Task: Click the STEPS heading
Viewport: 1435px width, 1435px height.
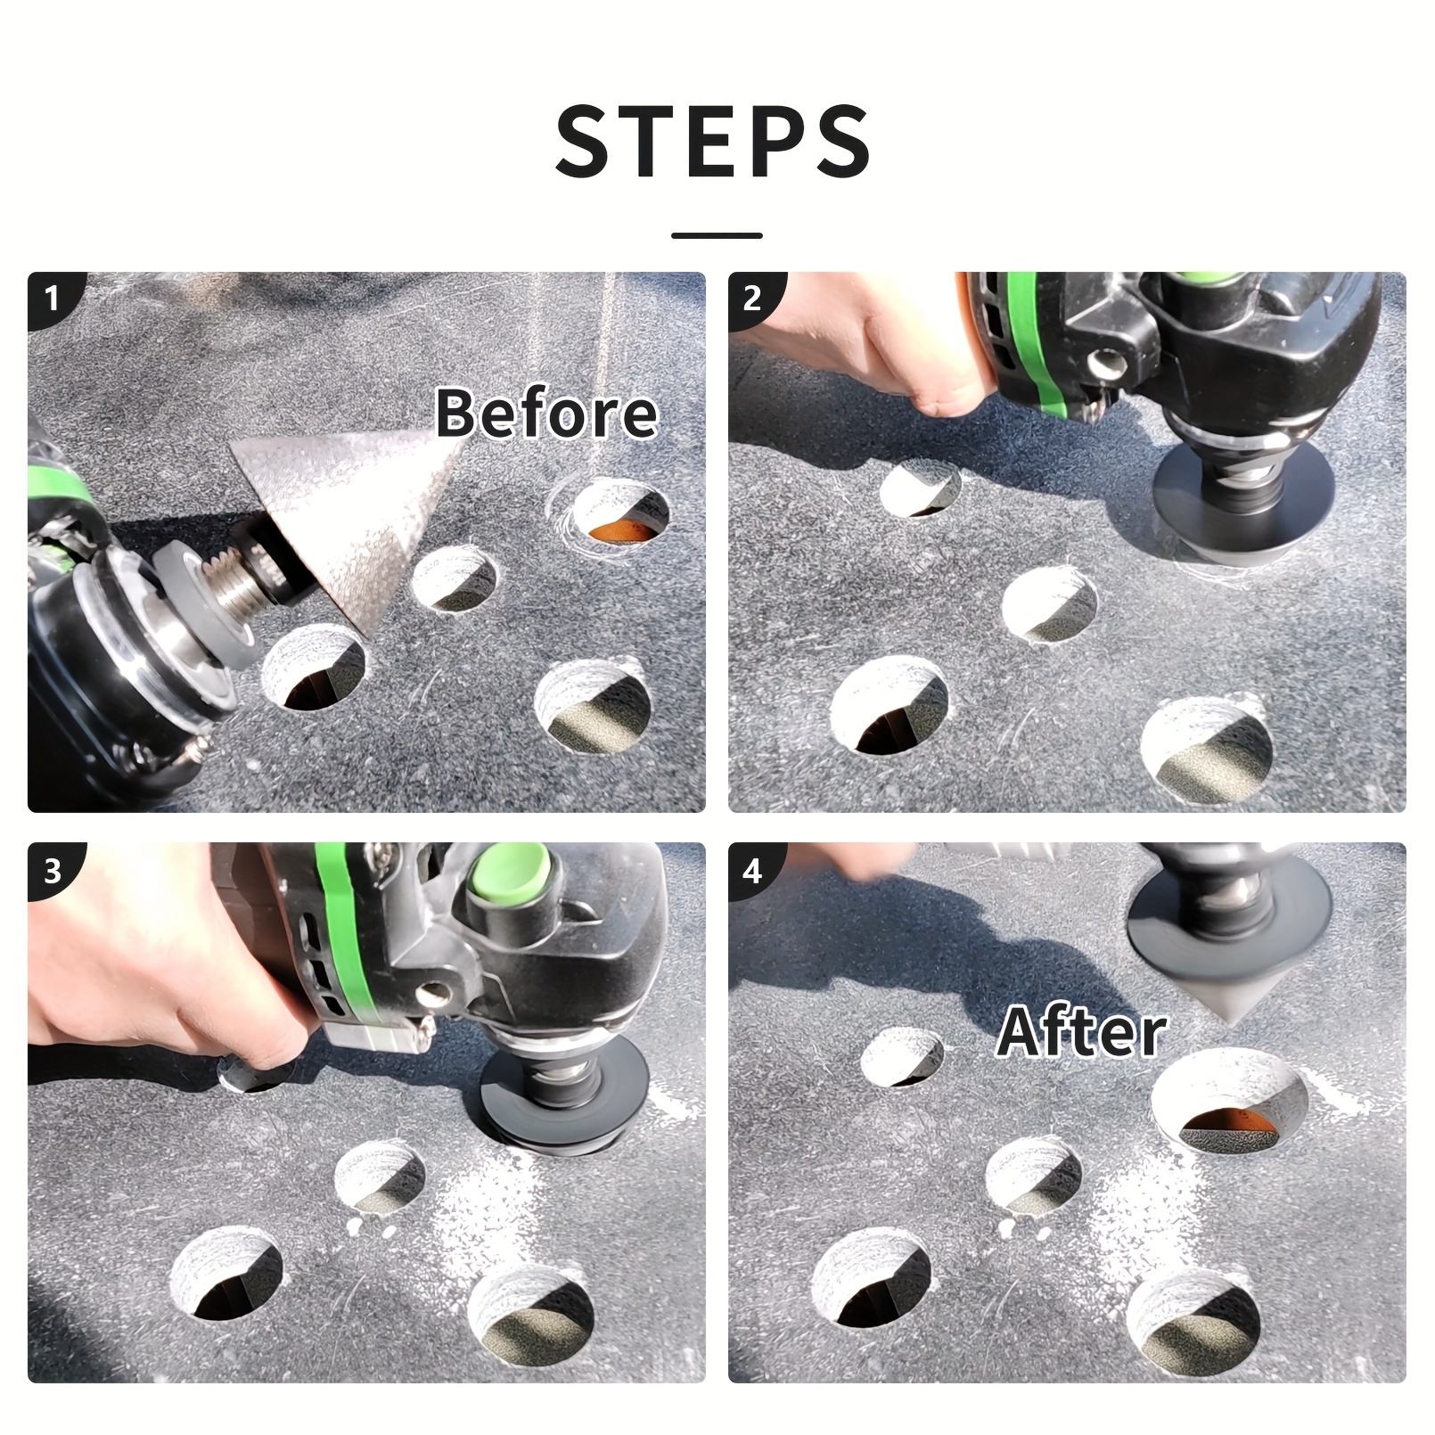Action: [713, 141]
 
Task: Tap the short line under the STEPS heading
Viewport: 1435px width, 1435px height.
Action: [717, 235]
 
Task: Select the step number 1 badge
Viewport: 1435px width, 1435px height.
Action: [53, 297]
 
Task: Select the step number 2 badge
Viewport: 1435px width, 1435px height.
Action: [753, 297]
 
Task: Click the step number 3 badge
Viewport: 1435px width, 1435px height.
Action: [53, 869]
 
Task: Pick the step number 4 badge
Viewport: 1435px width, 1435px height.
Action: [753, 869]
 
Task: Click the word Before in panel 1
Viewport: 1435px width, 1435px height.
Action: [546, 414]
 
